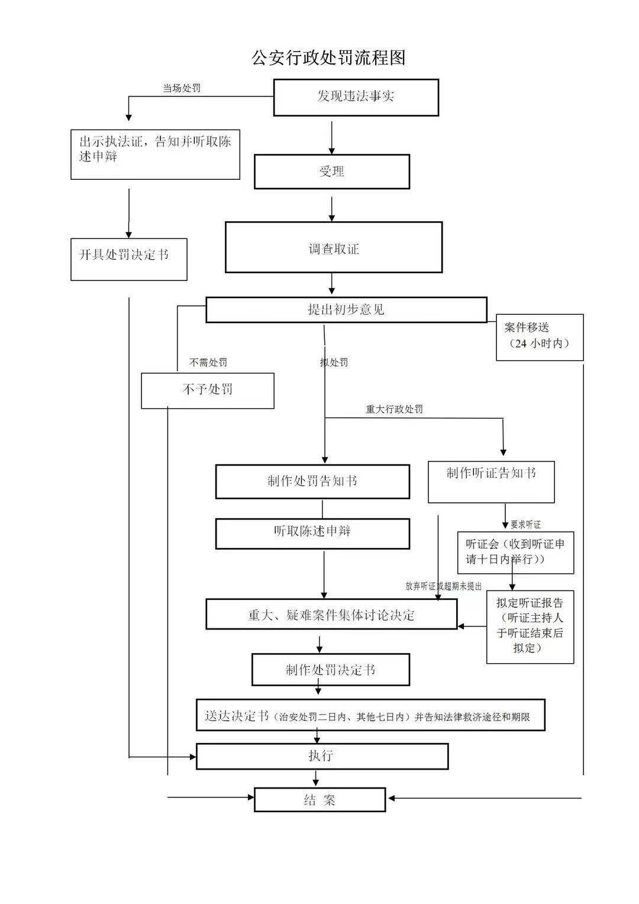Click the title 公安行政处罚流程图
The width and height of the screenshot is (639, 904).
pyautogui.click(x=328, y=58)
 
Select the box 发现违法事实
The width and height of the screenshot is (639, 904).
pyautogui.click(x=356, y=97)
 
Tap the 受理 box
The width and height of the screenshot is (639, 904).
pyautogui.click(x=332, y=172)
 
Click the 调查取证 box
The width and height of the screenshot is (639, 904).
pyautogui.click(x=334, y=247)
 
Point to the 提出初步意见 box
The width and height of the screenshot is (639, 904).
pyautogui.click(x=346, y=309)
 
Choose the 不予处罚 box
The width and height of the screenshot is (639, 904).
pyautogui.click(x=208, y=390)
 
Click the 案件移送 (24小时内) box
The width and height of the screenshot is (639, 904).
pyautogui.click(x=539, y=337)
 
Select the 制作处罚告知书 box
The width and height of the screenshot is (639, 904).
pyautogui.click(x=312, y=481)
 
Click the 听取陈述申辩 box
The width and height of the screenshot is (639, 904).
pyautogui.click(x=312, y=533)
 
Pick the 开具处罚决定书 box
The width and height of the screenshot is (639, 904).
pyautogui.click(x=129, y=259)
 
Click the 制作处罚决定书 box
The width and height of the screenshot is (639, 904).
pyautogui.click(x=331, y=670)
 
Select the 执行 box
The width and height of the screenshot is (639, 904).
pyautogui.click(x=322, y=756)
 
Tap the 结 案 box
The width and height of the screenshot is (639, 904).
pyautogui.click(x=320, y=799)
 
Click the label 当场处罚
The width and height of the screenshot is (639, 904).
pyautogui.click(x=182, y=88)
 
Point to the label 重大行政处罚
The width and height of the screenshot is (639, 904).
pyautogui.click(x=395, y=409)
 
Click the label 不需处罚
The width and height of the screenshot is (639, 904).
pyautogui.click(x=208, y=362)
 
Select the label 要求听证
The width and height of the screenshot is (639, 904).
pyautogui.click(x=525, y=524)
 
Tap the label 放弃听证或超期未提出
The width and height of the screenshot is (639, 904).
pyautogui.click(x=443, y=586)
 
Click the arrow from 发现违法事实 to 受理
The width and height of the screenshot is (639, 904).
pyautogui.click(x=332, y=137)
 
